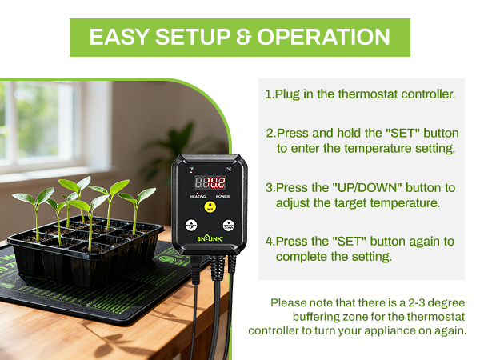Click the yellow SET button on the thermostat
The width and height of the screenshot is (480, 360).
210,206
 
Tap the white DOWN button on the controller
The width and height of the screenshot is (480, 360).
229,226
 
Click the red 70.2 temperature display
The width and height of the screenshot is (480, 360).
210,181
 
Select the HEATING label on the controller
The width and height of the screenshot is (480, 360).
197,195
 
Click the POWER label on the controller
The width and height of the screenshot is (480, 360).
222,195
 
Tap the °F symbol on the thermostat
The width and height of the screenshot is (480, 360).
191,169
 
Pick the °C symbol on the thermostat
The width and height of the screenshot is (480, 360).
228,169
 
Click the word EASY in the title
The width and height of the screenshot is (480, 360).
117,37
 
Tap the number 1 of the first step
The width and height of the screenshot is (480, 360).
268,94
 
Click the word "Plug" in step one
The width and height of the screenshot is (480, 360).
287,94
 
